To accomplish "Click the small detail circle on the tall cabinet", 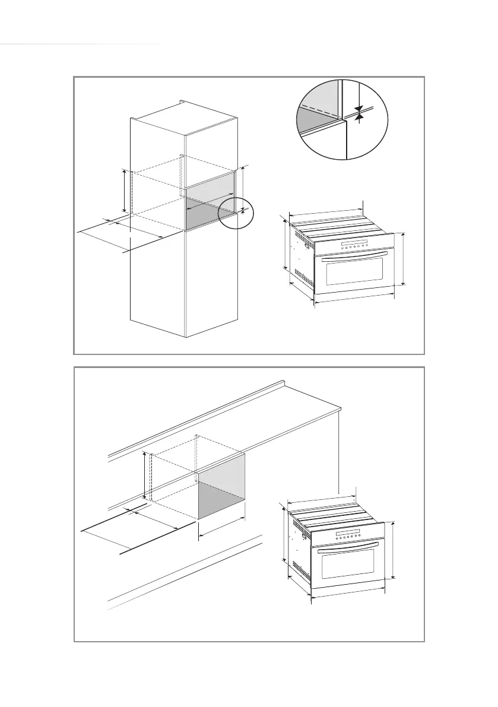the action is (235, 214).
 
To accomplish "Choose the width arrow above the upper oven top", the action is (325, 211).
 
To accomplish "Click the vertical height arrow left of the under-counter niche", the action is (144, 475).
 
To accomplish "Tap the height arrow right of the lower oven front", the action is (394, 550).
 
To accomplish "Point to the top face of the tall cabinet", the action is (185, 118).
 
